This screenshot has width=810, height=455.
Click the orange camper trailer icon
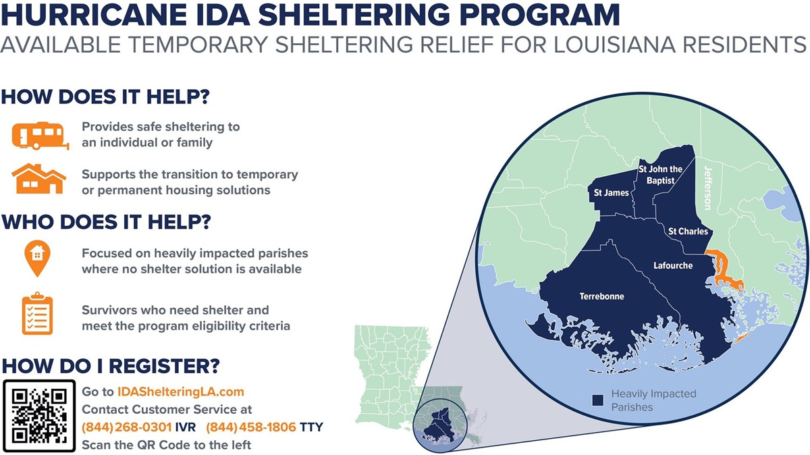pos(40,136)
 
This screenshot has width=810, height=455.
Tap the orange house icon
pos(38,179)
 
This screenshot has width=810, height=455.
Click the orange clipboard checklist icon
pos(37,313)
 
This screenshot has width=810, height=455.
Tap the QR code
pos(39,416)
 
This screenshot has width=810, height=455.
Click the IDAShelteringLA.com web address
pos(181,392)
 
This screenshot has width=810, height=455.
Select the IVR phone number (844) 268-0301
pos(127,427)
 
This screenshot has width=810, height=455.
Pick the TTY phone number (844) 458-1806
pos(251,427)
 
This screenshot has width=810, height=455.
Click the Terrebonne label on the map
pos(601,296)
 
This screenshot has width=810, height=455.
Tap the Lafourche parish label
pos(673,265)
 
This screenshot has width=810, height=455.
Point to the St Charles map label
pos(688,231)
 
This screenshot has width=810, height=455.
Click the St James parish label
pos(611,193)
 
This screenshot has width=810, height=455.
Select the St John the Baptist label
pos(660,175)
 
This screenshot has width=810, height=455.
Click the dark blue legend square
pos(598,400)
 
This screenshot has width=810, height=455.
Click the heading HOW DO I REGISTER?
pos(111,366)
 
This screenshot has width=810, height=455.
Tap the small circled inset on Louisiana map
pos(440,426)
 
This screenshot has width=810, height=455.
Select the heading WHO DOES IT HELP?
pos(107,221)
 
